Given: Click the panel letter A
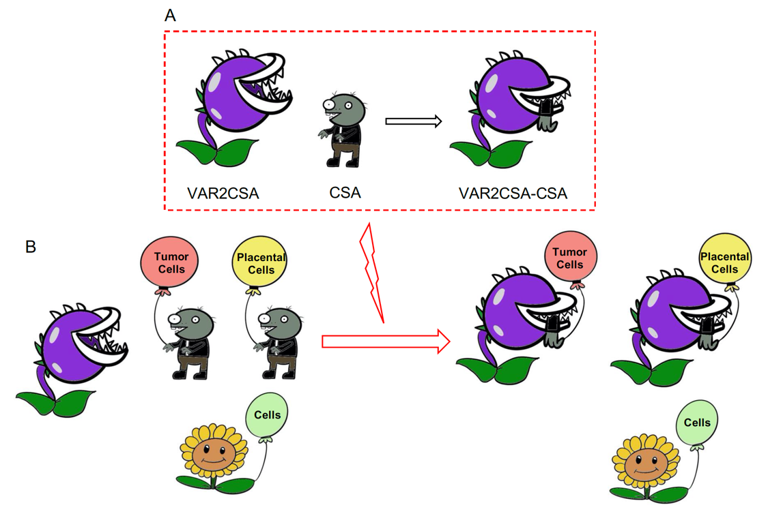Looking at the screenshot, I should pos(170,16).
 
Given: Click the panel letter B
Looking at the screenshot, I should pos(30,247).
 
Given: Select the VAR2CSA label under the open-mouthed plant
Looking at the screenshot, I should pos(223,193).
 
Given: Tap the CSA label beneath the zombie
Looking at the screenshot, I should pos(345,193).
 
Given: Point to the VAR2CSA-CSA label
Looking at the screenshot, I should pos(513,194).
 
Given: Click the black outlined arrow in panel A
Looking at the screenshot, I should pos(413,121).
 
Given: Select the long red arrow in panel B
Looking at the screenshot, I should pos(385,340).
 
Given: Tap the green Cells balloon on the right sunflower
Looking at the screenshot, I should pos(697,423).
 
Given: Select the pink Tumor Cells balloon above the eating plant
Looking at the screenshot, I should pos(570,258).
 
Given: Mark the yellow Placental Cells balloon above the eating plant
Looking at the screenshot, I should pos(724,262).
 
